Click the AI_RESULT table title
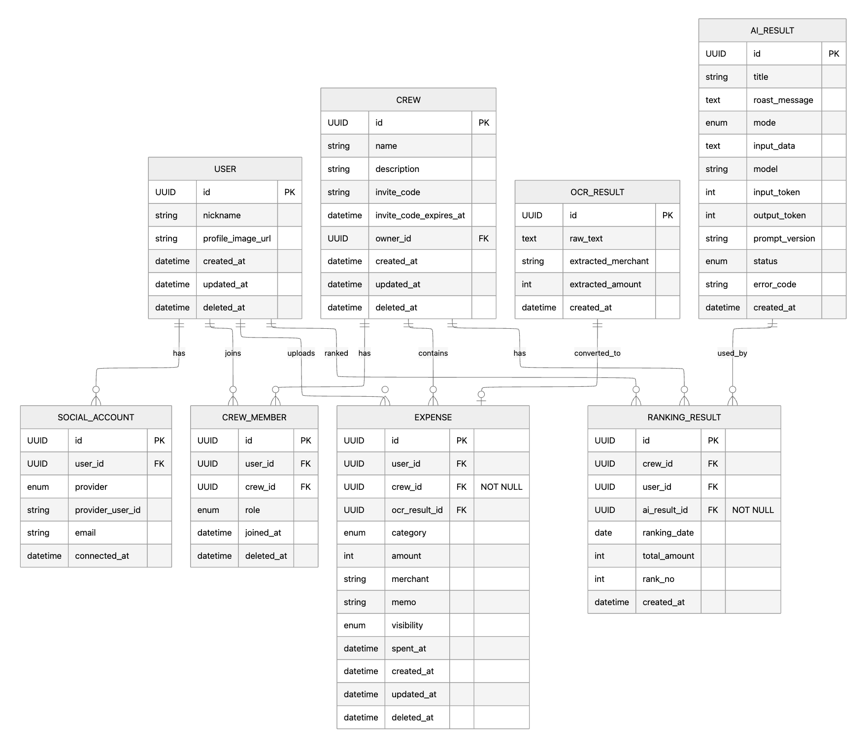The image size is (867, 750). pyautogui.click(x=772, y=31)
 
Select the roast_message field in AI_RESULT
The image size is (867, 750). pyautogui.click(x=783, y=100)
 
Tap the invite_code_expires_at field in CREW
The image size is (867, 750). pyautogui.click(x=420, y=215)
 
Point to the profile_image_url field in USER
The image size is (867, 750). pyautogui.click(x=237, y=239)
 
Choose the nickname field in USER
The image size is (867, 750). pyautogui.click(x=222, y=215)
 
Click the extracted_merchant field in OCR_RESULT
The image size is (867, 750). pyautogui.click(x=609, y=261)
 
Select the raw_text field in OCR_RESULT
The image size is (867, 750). pyautogui.click(x=586, y=239)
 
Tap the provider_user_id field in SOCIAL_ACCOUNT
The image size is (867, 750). pyautogui.click(x=107, y=510)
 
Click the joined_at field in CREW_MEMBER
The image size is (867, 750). pyautogui.click(x=263, y=533)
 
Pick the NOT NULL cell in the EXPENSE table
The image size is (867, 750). pyautogui.click(x=501, y=487)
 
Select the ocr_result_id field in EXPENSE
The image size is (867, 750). pyautogui.click(x=417, y=510)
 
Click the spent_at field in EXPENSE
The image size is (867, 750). pyautogui.click(x=409, y=648)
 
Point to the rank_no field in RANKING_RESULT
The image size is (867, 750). pyautogui.click(x=658, y=579)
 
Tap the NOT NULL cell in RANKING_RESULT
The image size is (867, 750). pyautogui.click(x=753, y=510)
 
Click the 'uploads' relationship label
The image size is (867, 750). pyautogui.click(x=301, y=353)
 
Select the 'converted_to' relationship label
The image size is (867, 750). pyautogui.click(x=597, y=353)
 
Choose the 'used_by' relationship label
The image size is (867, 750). pyautogui.click(x=732, y=353)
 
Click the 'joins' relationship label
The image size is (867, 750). pyautogui.click(x=233, y=353)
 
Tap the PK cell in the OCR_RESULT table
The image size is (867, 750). pyautogui.click(x=667, y=215)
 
